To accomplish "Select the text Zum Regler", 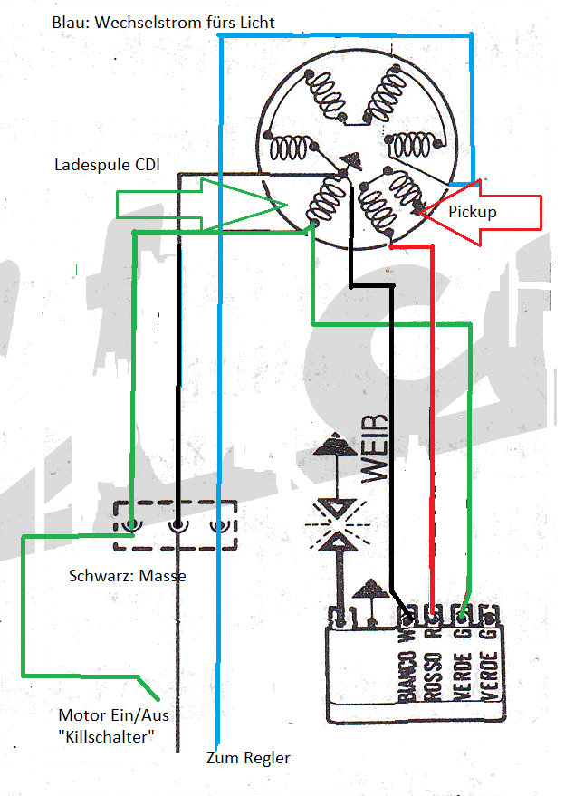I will [x=248, y=757].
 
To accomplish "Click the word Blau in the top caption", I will [x=70, y=22].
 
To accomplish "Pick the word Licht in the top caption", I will [x=256, y=22].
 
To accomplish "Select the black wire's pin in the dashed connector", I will [x=178, y=524].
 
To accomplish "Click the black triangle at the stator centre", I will [x=349, y=161].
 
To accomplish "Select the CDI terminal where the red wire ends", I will [x=433, y=619].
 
